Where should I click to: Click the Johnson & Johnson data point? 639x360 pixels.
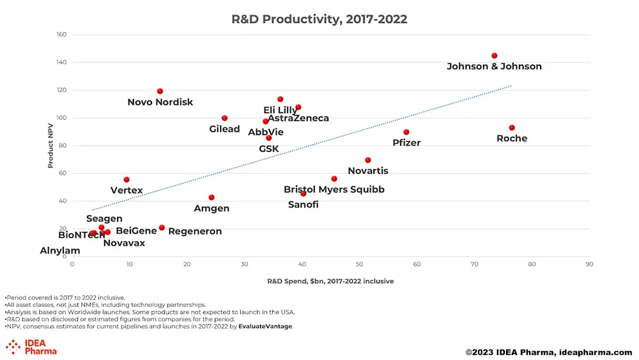[494, 56]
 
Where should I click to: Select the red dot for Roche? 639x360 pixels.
[512, 128]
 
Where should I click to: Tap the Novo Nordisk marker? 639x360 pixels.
[160, 91]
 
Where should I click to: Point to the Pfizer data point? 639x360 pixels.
[406, 132]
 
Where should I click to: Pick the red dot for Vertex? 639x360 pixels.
[127, 180]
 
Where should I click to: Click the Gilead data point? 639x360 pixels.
[224, 118]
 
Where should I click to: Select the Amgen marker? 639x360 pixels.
[212, 198]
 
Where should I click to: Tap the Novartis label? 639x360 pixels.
[368, 171]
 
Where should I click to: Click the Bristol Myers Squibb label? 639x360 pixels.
[334, 189]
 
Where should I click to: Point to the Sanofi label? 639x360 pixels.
[303, 205]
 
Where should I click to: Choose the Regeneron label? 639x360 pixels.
[195, 231]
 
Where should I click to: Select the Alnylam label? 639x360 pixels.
[60, 251]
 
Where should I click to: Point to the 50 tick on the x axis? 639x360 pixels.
[359, 264]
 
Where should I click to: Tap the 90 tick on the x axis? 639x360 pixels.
[589, 264]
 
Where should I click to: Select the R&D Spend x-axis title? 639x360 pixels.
[330, 281]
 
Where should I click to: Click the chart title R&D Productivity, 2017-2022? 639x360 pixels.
[319, 19]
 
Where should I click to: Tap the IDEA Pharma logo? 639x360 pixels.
[31, 347]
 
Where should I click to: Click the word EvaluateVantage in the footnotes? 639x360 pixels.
[265, 326]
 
